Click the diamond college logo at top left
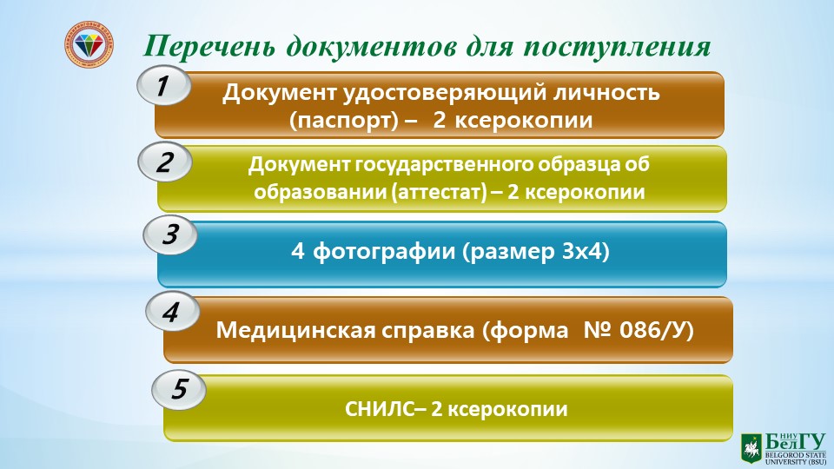(x=89, y=45)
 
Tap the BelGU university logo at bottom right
(x=784, y=449)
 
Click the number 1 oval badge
(x=164, y=86)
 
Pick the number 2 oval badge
(x=165, y=162)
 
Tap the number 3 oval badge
(x=170, y=234)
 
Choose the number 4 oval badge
(x=172, y=312)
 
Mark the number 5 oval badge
(x=179, y=389)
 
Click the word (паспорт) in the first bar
(x=344, y=121)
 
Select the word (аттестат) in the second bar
(x=439, y=192)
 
